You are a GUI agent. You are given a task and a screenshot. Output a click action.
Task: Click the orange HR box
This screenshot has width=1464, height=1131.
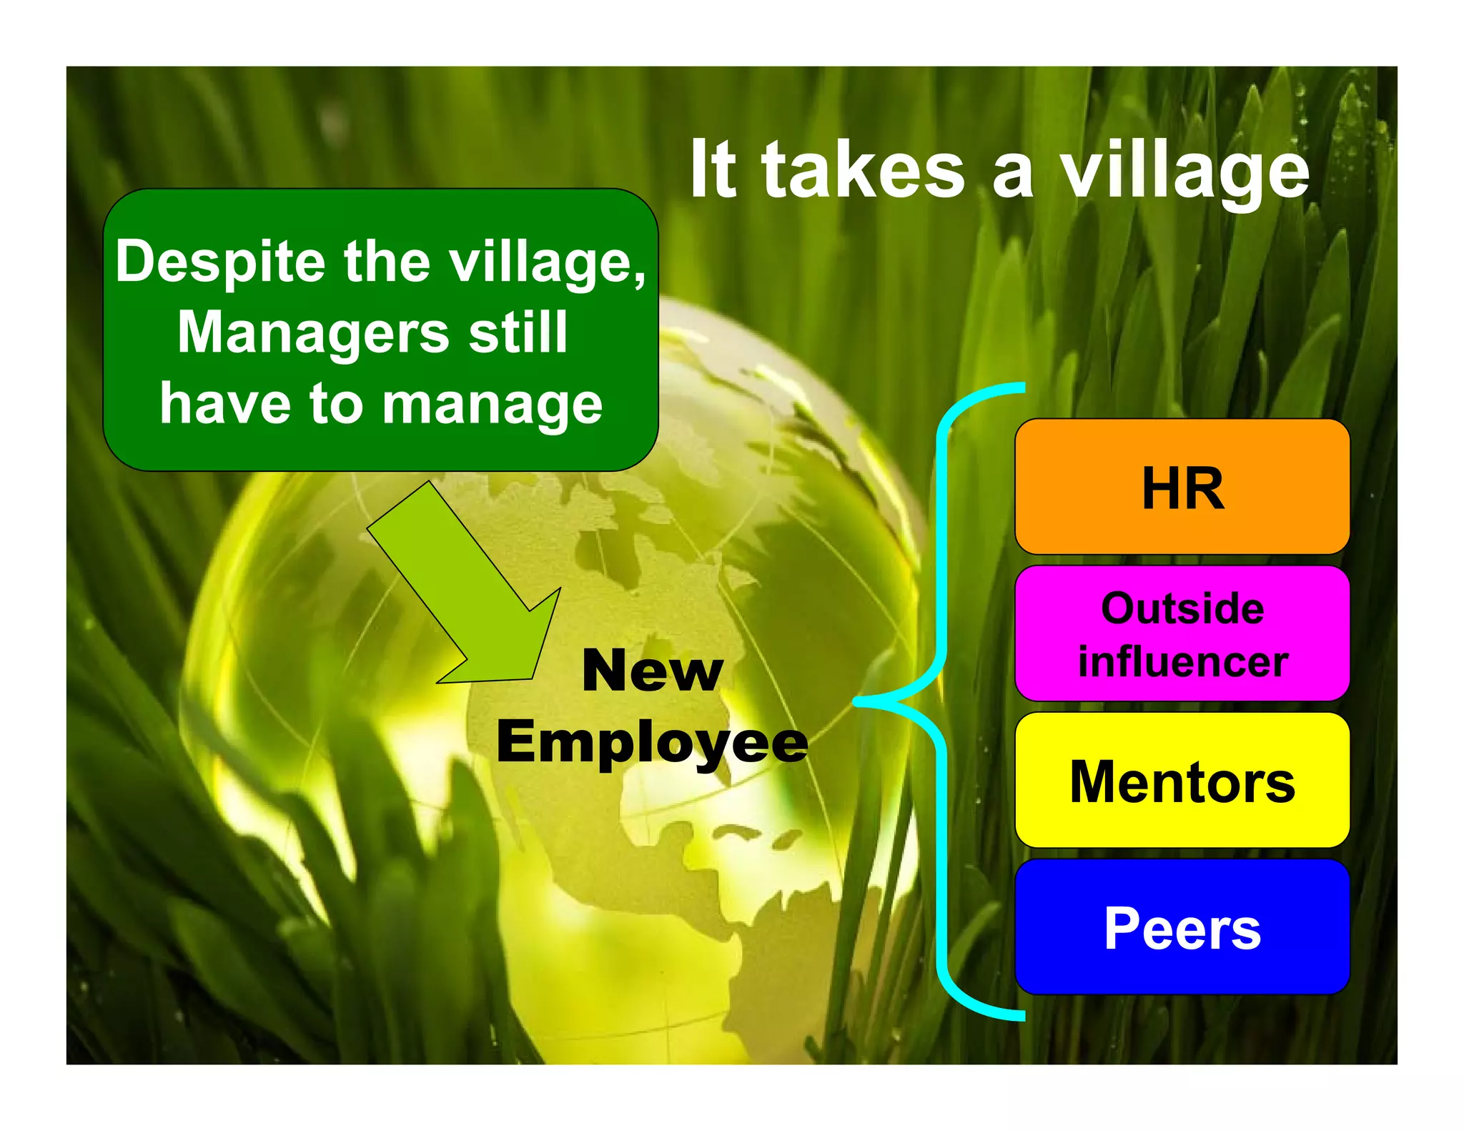[1182, 486]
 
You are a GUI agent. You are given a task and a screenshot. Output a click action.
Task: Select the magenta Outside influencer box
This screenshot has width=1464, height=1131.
[1182, 633]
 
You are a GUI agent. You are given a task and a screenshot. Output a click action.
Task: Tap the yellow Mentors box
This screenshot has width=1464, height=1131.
[1182, 780]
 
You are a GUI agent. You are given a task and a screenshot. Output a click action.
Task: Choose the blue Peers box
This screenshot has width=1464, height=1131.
[1182, 927]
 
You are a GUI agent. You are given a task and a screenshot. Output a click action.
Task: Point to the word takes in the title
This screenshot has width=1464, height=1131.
[863, 172]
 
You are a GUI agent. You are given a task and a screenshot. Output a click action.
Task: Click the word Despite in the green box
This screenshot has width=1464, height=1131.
[220, 262]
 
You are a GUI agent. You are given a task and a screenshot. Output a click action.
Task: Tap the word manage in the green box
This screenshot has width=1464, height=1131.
[493, 404]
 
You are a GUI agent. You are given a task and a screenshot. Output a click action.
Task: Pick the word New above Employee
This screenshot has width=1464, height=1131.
[652, 671]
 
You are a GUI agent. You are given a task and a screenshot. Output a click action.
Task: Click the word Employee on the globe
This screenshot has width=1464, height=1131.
[652, 742]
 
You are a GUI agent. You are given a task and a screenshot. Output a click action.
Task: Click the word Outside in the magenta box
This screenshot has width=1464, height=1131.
[1182, 608]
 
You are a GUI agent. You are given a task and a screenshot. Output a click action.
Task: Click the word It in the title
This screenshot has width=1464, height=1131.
[713, 172]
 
